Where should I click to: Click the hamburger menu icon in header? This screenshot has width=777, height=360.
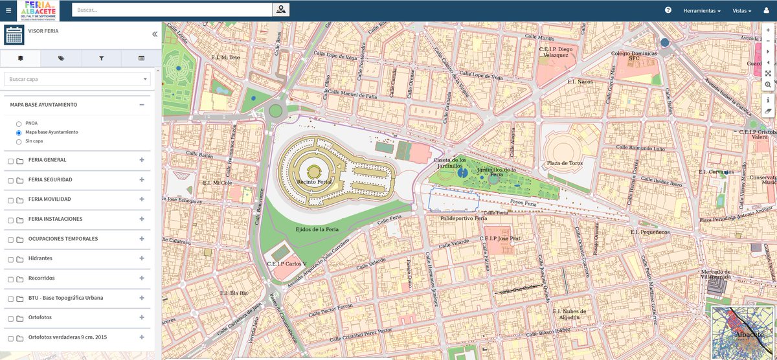click(x=8, y=10)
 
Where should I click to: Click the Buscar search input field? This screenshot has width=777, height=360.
click(x=172, y=10)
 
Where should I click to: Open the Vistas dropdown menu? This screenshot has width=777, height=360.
click(x=741, y=10)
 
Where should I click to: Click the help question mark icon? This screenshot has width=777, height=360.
click(x=668, y=10)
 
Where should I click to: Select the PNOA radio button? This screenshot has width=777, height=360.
click(x=19, y=123)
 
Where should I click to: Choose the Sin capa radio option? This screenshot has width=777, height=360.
click(x=19, y=141)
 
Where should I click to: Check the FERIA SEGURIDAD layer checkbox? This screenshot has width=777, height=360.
click(x=10, y=180)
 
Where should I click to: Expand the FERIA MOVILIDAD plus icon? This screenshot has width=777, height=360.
click(x=141, y=199)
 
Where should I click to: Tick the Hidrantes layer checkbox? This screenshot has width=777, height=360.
click(x=10, y=259)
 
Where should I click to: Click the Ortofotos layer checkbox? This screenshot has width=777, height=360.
click(x=10, y=319)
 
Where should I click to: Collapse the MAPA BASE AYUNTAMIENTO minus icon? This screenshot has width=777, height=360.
click(x=141, y=104)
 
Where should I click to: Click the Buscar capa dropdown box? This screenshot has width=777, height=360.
click(x=77, y=79)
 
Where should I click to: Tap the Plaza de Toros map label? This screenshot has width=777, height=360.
click(x=565, y=163)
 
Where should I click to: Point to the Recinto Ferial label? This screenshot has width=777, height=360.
click(x=314, y=183)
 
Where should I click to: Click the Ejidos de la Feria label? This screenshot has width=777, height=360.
click(x=317, y=229)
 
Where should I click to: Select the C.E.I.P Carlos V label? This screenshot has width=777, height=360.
click(x=286, y=264)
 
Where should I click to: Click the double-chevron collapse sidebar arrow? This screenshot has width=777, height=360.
click(x=155, y=34)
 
